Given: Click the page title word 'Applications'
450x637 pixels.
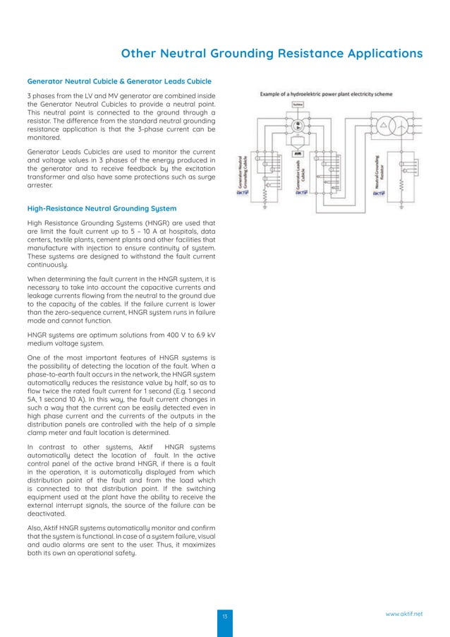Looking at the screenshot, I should click(x=377, y=54).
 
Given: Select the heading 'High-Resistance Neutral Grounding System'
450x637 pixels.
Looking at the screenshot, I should click(x=102, y=208).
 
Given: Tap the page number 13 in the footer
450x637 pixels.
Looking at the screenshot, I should click(x=225, y=617).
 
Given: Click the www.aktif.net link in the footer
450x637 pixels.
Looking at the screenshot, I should click(x=404, y=614).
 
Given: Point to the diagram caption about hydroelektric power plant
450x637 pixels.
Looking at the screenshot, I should click(x=327, y=94).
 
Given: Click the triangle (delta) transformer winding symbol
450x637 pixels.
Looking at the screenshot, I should click(x=384, y=124).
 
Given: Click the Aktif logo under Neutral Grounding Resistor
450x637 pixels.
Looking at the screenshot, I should click(x=379, y=193).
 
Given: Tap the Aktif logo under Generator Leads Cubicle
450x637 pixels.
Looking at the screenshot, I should click(x=301, y=192).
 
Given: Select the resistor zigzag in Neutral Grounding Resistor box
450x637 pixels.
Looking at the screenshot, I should click(x=401, y=188).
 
